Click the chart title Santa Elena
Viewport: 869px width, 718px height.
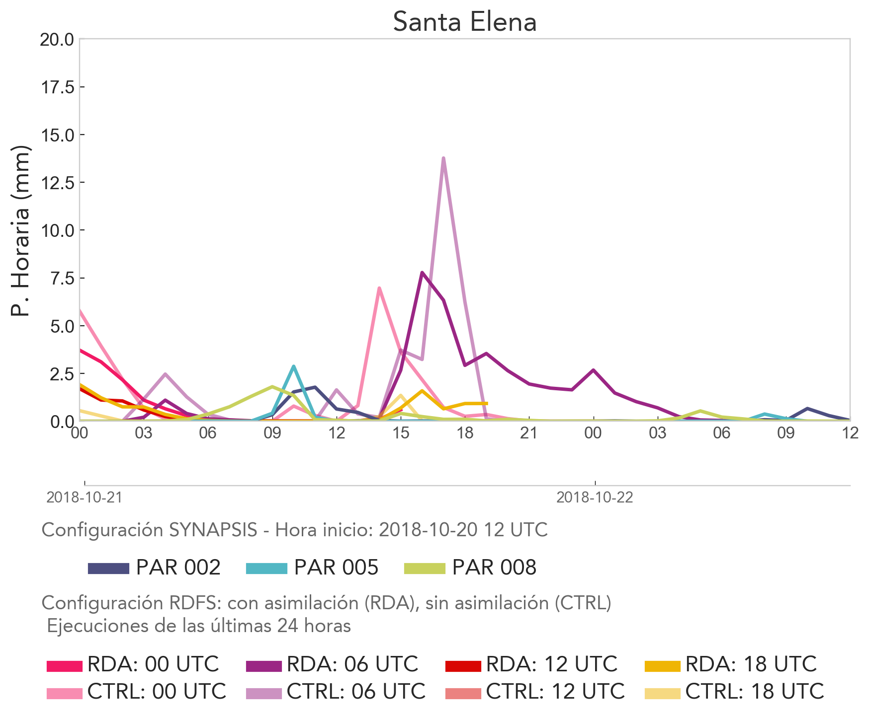point(465,22)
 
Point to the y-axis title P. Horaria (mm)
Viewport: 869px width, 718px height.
point(21,231)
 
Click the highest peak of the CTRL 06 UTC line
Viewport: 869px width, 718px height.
point(443,158)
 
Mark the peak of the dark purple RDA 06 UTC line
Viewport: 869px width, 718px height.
point(422,273)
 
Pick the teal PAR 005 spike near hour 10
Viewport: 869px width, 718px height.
point(294,366)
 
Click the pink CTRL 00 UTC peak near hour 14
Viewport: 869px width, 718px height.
point(379,288)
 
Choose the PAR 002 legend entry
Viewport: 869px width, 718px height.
point(154,568)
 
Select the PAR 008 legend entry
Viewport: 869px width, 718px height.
point(470,568)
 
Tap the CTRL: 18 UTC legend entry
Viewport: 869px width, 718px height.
point(735,691)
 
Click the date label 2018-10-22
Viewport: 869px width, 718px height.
point(595,498)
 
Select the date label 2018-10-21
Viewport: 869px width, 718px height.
point(84,498)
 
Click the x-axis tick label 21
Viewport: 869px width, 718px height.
point(529,433)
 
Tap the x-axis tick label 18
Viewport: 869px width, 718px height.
point(465,433)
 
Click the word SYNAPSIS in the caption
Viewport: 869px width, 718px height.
point(213,530)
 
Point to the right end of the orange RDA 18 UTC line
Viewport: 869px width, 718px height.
point(486,403)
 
